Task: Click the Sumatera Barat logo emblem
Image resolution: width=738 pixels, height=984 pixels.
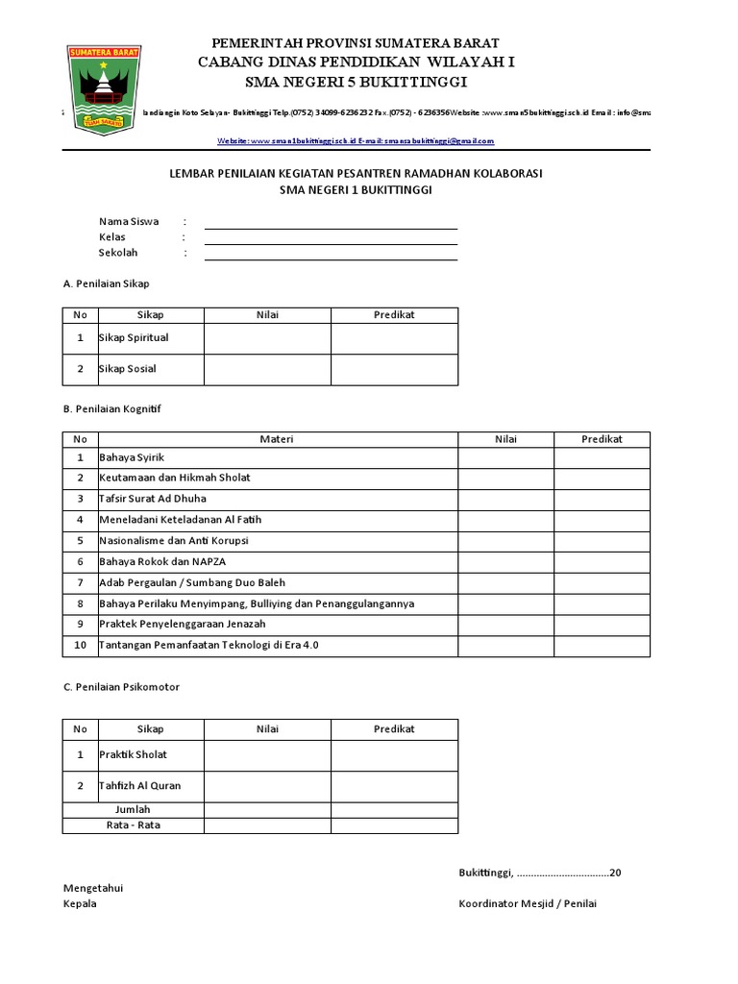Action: click(x=100, y=87)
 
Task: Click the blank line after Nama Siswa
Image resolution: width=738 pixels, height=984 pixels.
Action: click(x=331, y=227)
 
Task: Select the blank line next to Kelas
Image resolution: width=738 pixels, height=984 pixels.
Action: click(x=331, y=242)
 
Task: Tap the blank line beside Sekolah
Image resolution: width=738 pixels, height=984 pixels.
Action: click(x=331, y=258)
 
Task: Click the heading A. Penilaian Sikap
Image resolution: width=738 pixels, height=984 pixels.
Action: click(x=106, y=283)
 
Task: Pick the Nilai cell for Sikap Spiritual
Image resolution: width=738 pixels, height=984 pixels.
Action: click(x=267, y=338)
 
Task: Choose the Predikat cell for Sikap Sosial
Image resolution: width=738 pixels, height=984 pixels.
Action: click(x=394, y=369)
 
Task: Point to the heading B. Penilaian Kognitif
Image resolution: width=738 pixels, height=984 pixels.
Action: click(x=112, y=408)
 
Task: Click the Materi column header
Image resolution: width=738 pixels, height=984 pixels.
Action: click(x=277, y=439)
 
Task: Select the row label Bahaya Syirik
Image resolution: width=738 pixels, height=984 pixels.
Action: click(x=132, y=457)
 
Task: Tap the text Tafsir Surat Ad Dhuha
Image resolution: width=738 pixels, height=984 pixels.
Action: click(x=153, y=499)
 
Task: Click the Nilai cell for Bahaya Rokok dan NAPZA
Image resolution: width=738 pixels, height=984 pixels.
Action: click(x=505, y=561)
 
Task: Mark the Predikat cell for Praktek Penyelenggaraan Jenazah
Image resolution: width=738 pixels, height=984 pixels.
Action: click(x=602, y=624)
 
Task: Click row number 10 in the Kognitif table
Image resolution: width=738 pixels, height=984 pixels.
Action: click(x=81, y=645)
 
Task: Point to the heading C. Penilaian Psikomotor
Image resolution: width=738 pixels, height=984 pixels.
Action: click(x=121, y=687)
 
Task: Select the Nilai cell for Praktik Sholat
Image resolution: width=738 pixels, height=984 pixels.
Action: click(x=267, y=755)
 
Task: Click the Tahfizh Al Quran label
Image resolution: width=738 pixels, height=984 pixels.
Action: click(x=140, y=786)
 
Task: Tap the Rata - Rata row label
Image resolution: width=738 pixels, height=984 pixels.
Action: click(x=133, y=825)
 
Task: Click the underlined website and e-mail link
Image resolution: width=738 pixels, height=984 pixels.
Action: click(x=357, y=140)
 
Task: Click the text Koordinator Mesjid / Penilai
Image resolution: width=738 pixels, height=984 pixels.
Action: click(x=528, y=903)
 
